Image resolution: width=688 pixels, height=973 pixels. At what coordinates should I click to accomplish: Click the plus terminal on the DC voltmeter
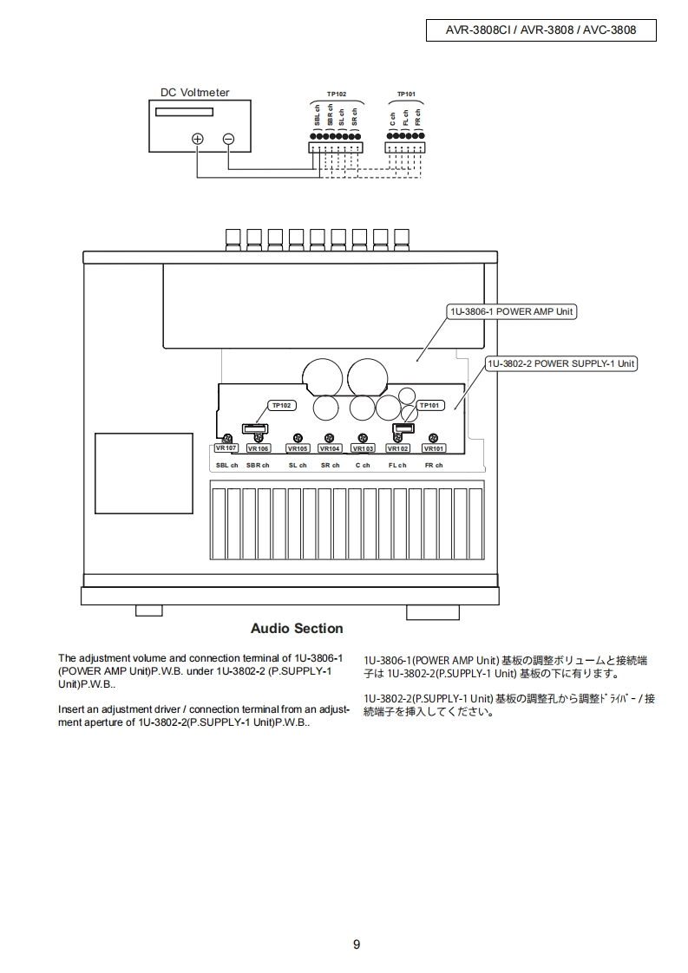point(198,139)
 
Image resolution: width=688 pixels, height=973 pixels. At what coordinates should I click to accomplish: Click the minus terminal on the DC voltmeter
point(228,139)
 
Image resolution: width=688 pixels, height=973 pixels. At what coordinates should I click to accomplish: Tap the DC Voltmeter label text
point(195,93)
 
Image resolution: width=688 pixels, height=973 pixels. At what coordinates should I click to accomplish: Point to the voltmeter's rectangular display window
point(184,112)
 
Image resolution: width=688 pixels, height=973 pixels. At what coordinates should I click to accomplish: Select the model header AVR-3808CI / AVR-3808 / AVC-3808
point(541,29)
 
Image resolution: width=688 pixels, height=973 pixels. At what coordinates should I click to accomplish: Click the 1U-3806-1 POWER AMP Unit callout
point(511,311)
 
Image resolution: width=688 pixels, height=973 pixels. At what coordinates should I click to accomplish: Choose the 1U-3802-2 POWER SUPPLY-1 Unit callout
point(560,363)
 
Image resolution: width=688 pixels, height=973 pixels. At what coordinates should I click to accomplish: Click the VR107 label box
point(226,448)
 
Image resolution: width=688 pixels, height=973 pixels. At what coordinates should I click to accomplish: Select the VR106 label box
point(259,448)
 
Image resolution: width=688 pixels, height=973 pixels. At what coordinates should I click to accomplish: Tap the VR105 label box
point(298,448)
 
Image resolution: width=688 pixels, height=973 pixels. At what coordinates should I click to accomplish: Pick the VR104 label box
point(330,448)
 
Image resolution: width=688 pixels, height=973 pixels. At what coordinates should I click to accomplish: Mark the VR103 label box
point(363,448)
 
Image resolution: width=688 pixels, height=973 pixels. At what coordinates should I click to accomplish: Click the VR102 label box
point(398,448)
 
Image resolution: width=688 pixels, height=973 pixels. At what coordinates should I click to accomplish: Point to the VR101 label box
point(434,448)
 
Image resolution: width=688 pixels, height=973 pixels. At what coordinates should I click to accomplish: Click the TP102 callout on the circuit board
point(282,405)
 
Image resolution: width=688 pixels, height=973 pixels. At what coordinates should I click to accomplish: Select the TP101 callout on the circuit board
point(429,405)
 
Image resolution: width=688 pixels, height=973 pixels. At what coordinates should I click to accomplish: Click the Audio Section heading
point(297,628)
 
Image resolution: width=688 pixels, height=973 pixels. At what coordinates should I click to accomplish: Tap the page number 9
point(357,944)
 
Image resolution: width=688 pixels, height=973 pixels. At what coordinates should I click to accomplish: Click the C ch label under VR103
point(363,466)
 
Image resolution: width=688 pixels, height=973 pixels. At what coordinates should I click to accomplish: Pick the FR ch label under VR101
point(434,466)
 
